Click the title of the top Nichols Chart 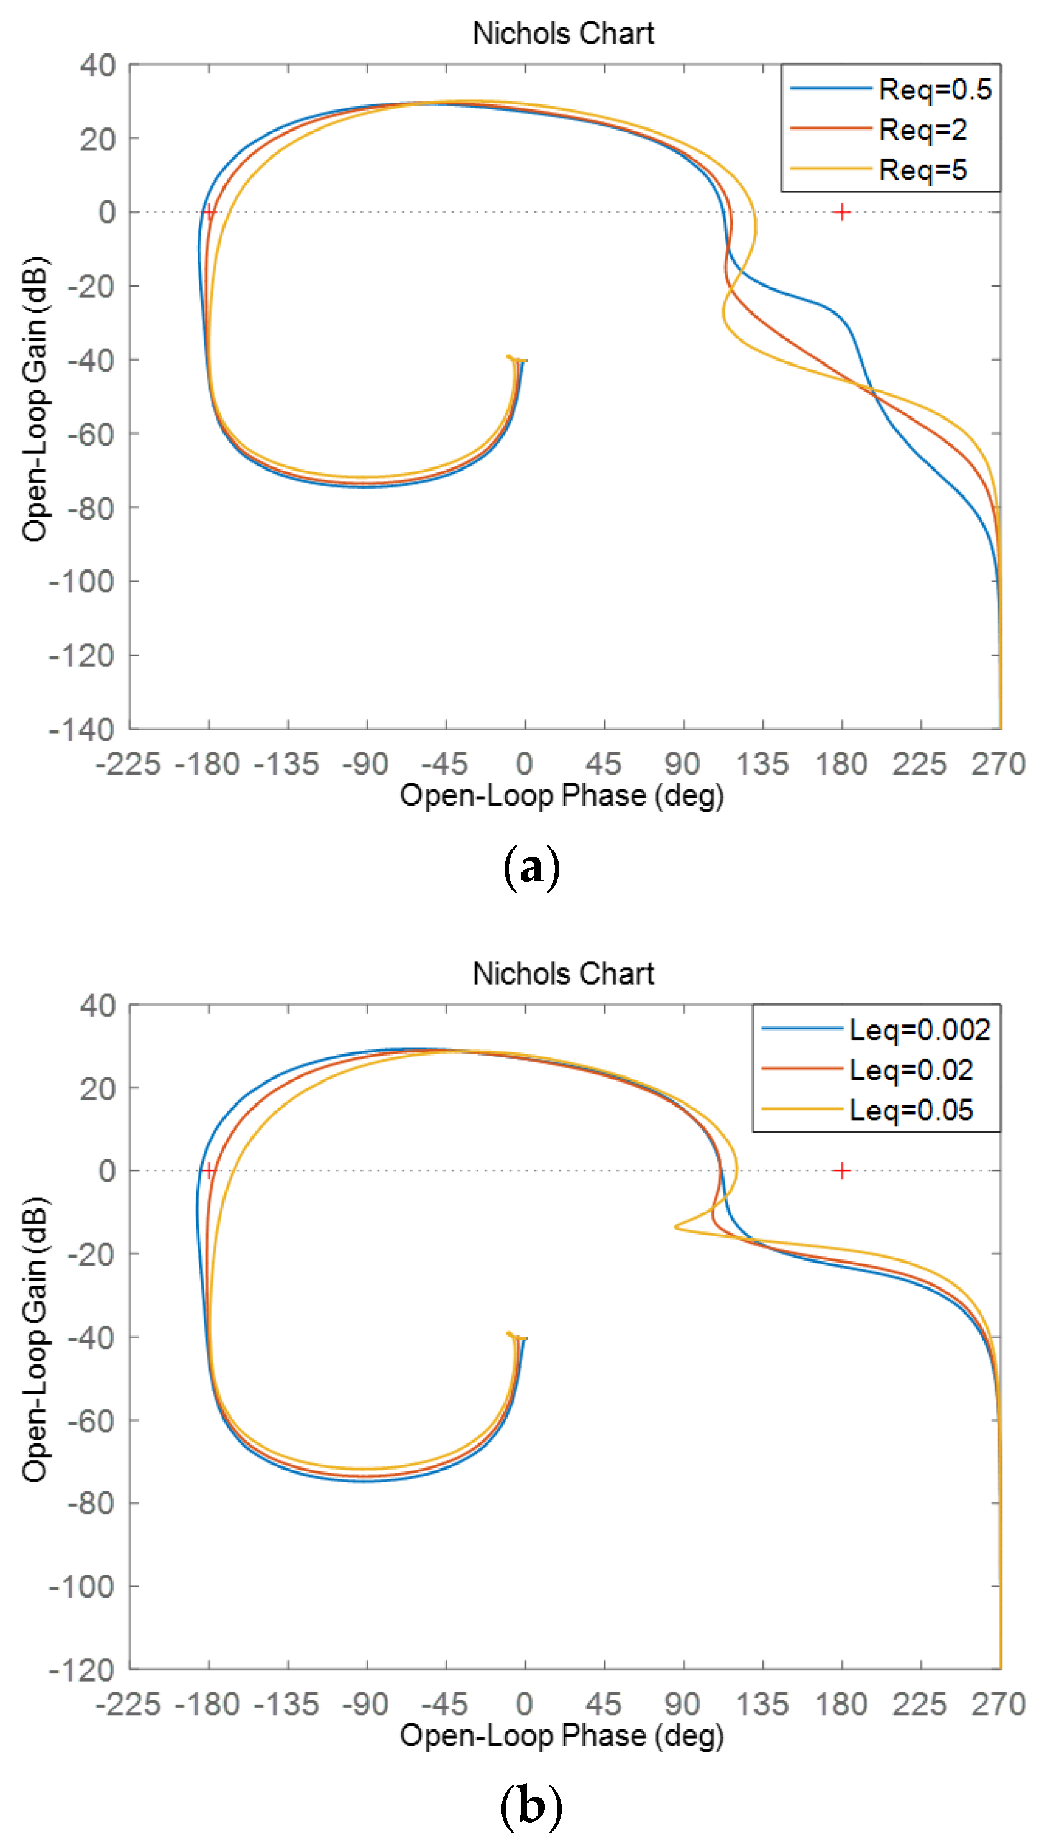(563, 34)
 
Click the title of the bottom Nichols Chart (563, 973)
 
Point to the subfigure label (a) (531, 868)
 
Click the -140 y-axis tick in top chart (81, 730)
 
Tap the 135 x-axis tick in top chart (762, 764)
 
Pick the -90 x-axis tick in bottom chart (365, 1705)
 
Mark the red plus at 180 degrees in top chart (842, 212)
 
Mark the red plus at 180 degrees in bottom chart (842, 1171)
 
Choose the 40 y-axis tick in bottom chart (98, 1006)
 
